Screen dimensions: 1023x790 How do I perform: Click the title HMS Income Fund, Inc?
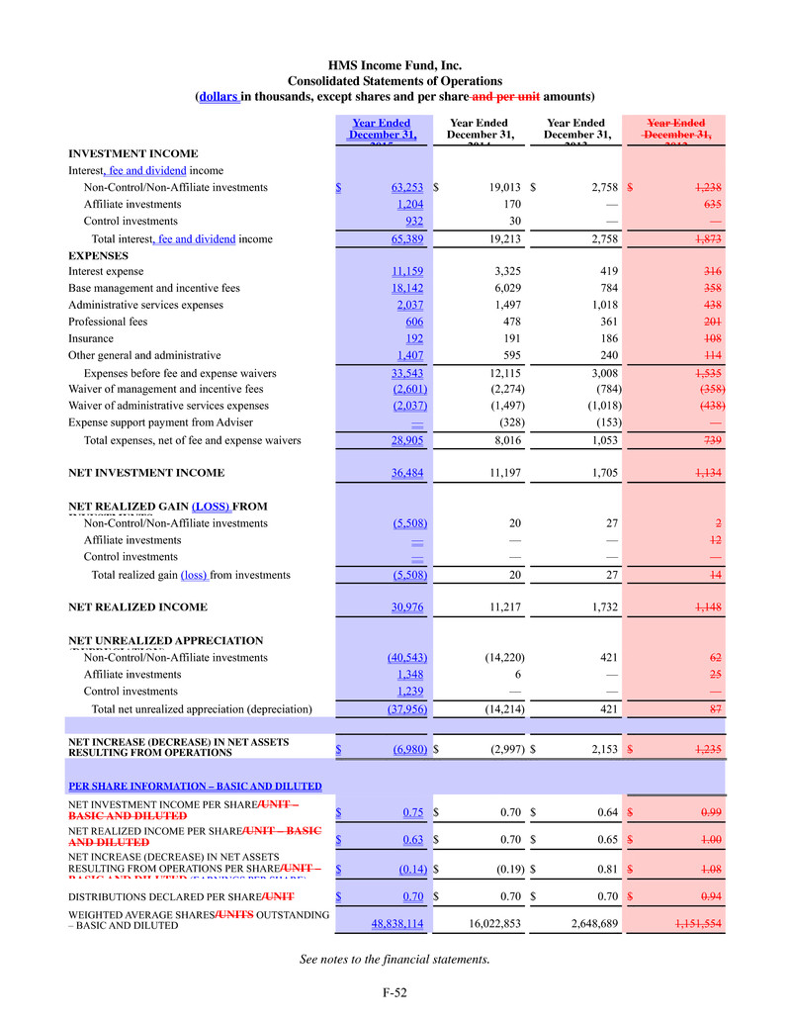395,65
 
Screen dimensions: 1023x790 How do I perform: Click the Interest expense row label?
105,270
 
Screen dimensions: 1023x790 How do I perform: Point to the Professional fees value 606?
415,323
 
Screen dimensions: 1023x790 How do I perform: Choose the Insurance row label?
91,339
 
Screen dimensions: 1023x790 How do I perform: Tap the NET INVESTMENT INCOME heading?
145,473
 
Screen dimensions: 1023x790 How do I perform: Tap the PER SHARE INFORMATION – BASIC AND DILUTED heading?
195,787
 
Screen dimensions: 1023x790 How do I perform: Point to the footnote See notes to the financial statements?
395,959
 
